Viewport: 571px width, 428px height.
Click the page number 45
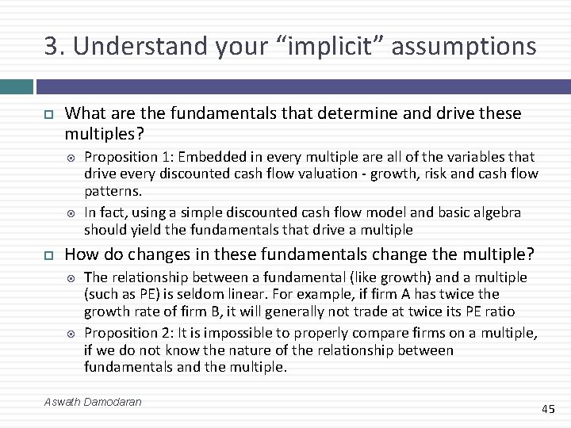[x=548, y=409]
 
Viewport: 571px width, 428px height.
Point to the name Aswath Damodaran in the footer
[x=93, y=402]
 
